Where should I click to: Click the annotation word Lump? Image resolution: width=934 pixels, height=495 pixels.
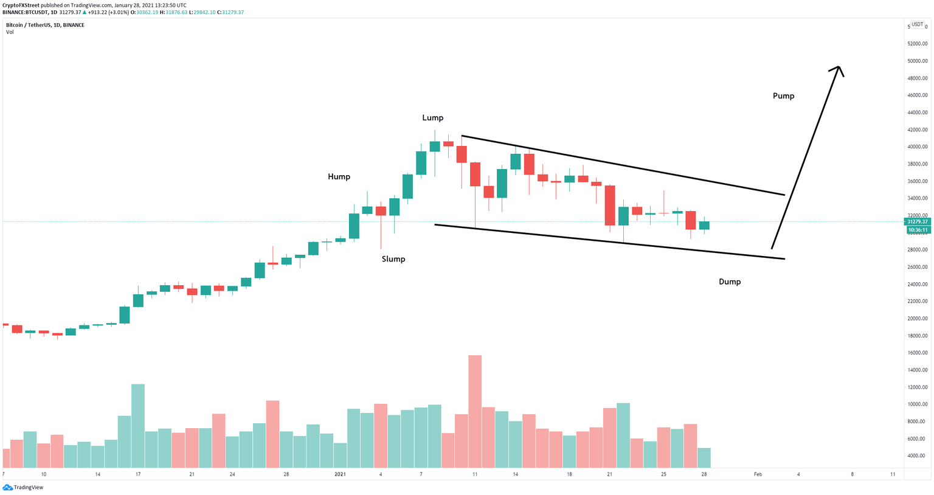(432, 118)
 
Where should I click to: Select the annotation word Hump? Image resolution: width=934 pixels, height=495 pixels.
(339, 177)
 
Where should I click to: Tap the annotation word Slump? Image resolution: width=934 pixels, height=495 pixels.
(393, 259)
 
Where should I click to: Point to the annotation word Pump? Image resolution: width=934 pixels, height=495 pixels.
(783, 96)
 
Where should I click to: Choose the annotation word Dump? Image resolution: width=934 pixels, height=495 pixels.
(729, 282)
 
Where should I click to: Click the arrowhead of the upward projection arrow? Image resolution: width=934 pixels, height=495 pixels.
(838, 69)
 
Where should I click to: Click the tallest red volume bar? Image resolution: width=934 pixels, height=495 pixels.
(475, 414)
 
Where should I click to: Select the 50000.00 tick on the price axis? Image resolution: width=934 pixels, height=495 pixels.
(917, 61)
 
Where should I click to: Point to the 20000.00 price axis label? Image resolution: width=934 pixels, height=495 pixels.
(917, 319)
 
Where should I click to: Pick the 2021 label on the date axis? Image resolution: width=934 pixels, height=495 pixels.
(340, 474)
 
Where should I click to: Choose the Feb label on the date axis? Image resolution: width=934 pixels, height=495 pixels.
(757, 474)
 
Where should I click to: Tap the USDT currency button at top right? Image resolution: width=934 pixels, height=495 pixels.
(916, 25)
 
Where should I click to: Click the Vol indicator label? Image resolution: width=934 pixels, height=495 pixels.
(10, 32)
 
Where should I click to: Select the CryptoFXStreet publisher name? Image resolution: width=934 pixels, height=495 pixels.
(20, 5)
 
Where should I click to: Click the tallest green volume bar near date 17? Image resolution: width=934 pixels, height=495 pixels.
(138, 426)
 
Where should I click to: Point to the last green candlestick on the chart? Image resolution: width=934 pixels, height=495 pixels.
(704, 226)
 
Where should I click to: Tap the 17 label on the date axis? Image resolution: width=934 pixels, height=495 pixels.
(138, 474)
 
